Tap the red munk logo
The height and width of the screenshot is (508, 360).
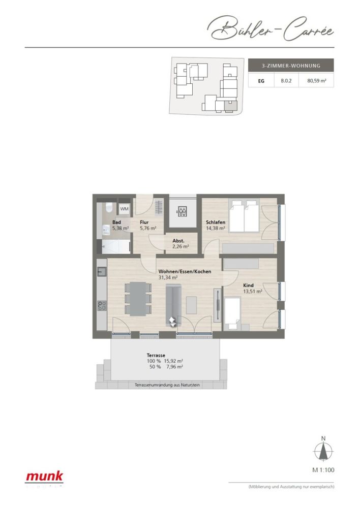point(45,477)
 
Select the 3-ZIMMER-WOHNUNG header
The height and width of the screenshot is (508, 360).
point(290,65)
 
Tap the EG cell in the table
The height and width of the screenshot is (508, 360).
point(260,80)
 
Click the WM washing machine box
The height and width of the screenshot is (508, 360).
point(124,208)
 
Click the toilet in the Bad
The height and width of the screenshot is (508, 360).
point(108,209)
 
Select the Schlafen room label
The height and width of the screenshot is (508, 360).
point(216,223)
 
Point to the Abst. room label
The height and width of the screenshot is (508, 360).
point(178,241)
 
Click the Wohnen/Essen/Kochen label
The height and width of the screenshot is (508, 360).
point(184,271)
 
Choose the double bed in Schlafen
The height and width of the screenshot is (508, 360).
point(245,216)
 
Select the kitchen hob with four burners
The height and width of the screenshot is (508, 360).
point(102,305)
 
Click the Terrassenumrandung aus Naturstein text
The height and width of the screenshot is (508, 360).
point(167,386)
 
